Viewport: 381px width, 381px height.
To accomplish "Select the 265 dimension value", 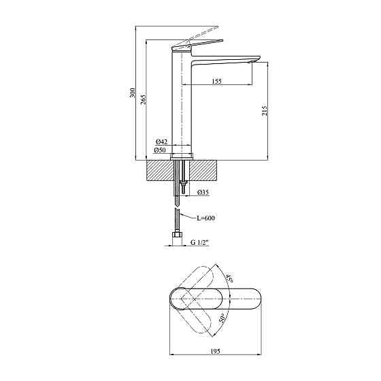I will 144,99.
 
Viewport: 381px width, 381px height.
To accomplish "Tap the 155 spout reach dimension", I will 216,82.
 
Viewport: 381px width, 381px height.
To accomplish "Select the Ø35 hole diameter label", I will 203,193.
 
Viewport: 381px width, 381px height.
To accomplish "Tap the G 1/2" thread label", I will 202,242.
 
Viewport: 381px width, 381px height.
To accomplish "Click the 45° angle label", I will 230,278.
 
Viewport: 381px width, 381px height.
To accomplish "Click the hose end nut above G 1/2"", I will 178,237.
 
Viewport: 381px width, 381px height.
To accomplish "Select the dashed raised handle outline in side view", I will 201,33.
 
